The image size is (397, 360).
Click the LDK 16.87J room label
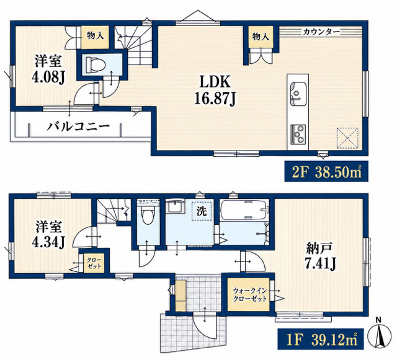click(x=215, y=90)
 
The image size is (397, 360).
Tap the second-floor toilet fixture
click(x=95, y=64)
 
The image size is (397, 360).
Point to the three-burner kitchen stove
click(x=298, y=134)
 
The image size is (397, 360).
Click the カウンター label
click(x=321, y=32)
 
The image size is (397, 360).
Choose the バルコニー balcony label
click(x=78, y=126)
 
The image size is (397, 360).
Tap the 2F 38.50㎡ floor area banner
click(x=326, y=171)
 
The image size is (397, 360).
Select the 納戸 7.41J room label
click(x=320, y=256)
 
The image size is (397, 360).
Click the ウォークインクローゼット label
click(x=249, y=294)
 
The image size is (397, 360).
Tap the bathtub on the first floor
click(x=244, y=209)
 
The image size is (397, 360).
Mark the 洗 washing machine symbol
click(x=202, y=211)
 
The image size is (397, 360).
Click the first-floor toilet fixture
click(x=148, y=213)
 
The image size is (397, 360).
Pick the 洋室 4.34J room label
click(x=48, y=234)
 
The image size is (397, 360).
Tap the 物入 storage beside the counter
click(x=261, y=37)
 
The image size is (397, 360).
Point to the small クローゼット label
click(x=94, y=263)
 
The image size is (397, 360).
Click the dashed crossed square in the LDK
click(x=347, y=138)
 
